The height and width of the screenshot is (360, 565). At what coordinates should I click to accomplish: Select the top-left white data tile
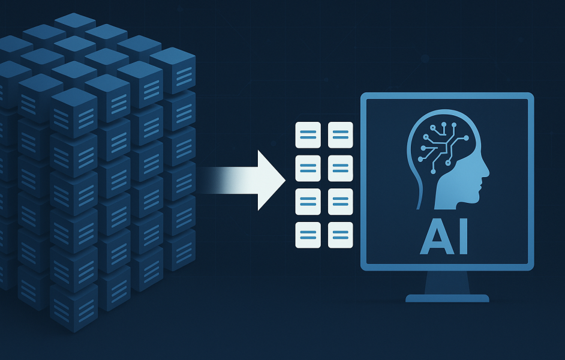pyautogui.click(x=308, y=135)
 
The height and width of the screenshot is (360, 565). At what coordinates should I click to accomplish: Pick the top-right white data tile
pyautogui.click(x=341, y=135)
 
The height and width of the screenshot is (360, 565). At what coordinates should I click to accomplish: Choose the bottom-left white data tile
pyautogui.click(x=308, y=235)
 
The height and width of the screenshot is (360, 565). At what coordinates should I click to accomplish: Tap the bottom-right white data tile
pyautogui.click(x=341, y=235)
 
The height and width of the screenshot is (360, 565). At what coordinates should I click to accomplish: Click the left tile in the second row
pyautogui.click(x=308, y=168)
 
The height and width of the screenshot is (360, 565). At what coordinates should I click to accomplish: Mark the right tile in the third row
pyautogui.click(x=341, y=202)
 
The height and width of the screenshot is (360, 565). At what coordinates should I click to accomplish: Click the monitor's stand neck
pyautogui.click(x=447, y=283)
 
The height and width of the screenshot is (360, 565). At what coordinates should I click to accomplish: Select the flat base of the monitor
pyautogui.click(x=447, y=298)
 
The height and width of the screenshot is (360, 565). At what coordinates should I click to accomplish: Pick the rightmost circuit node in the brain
pyautogui.click(x=466, y=137)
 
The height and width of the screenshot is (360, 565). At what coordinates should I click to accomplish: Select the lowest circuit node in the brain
pyautogui.click(x=434, y=171)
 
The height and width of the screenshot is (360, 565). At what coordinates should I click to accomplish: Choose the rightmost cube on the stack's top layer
pyautogui.click(x=173, y=70)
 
